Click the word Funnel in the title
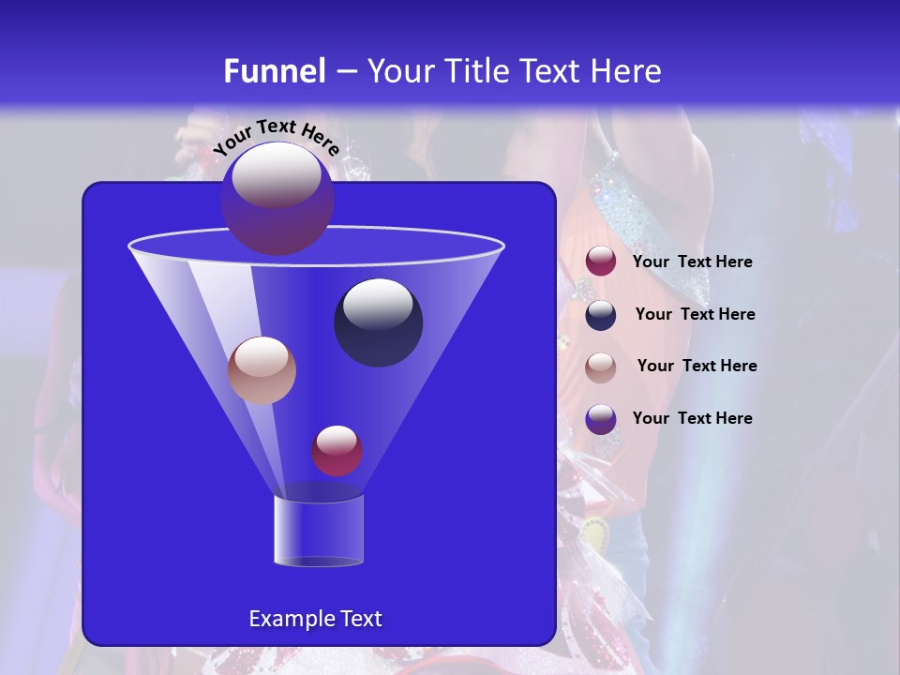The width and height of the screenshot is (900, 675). (x=274, y=71)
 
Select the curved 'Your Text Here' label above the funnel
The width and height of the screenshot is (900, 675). (x=277, y=137)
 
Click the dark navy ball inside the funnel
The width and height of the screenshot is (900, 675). (x=378, y=322)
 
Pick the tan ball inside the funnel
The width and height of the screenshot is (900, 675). (x=262, y=370)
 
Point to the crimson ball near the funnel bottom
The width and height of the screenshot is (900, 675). (x=337, y=451)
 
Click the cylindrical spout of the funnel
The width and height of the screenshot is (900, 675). (x=318, y=531)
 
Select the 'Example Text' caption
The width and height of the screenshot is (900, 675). (x=316, y=619)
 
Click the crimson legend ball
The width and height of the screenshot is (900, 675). (x=601, y=262)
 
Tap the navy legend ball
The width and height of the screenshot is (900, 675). (x=601, y=315)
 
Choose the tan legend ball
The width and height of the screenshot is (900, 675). (x=601, y=367)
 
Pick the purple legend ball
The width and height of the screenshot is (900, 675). (x=601, y=419)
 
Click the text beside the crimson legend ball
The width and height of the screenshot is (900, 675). (x=692, y=262)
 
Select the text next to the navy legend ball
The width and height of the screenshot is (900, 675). (x=695, y=314)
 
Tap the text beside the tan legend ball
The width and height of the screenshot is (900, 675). (x=697, y=366)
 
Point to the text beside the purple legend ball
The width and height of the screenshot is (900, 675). (x=692, y=418)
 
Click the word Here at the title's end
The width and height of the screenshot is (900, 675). (x=627, y=71)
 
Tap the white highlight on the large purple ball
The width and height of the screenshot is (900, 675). (x=276, y=175)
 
